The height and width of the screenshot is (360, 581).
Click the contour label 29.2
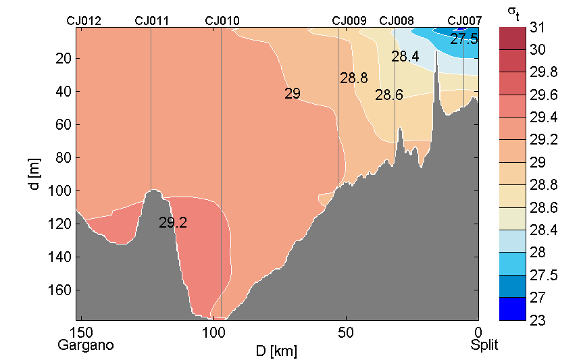(173, 222)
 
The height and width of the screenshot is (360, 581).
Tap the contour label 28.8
(353, 78)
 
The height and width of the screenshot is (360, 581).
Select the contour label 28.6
(389, 95)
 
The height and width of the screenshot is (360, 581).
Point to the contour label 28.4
(405, 57)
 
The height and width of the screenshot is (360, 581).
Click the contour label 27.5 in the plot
(464, 39)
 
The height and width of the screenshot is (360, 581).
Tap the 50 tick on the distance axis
(346, 332)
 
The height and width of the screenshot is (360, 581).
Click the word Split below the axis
(484, 345)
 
